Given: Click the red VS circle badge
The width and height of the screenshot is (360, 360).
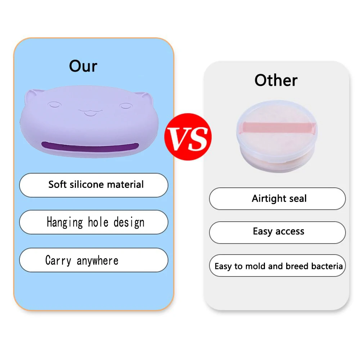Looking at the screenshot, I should coord(188,138).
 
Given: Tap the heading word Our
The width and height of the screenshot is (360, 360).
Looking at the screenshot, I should coord(83,66).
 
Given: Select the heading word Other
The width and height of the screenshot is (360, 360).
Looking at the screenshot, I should coord(276,80).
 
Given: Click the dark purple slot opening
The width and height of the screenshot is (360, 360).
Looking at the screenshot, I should coord(90,147).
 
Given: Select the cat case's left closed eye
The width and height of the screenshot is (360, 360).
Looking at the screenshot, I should coord(54,106).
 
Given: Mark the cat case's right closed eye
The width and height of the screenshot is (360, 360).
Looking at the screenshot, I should coord(126,106).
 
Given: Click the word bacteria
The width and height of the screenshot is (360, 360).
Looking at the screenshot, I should coord(327,266).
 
